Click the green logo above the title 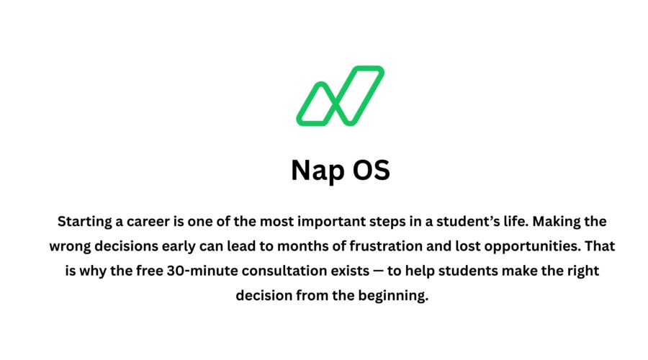pos(340,95)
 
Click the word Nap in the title pos(315,171)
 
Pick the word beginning pos(395,296)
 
